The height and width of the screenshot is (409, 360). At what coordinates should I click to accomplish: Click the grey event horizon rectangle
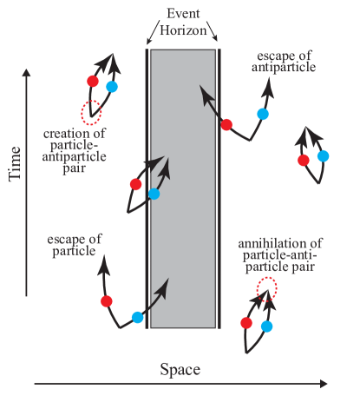click(x=182, y=243)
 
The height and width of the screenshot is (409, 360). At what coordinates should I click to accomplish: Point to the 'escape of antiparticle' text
click(x=282, y=59)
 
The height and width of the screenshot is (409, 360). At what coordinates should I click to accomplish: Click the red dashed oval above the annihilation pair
click(x=267, y=287)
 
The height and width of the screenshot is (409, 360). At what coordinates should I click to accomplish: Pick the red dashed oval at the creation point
click(x=91, y=112)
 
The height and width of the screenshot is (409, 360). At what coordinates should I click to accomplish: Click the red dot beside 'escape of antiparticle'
click(x=226, y=125)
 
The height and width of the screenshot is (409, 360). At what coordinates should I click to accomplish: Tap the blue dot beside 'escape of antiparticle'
click(x=262, y=114)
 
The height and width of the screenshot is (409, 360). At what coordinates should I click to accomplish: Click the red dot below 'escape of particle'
click(x=107, y=301)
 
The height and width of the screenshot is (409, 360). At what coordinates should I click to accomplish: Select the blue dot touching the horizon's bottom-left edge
click(x=137, y=317)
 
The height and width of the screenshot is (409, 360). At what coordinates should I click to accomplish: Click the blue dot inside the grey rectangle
click(x=154, y=194)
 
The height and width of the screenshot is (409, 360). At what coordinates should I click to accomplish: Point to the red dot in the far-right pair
click(x=304, y=160)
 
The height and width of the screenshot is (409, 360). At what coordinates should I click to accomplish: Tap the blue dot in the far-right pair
click(x=324, y=155)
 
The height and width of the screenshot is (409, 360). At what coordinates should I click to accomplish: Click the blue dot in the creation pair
click(x=111, y=87)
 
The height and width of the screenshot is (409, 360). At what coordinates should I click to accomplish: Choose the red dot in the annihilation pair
click(x=246, y=323)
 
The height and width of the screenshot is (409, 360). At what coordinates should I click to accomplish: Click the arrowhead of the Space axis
click(x=324, y=383)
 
